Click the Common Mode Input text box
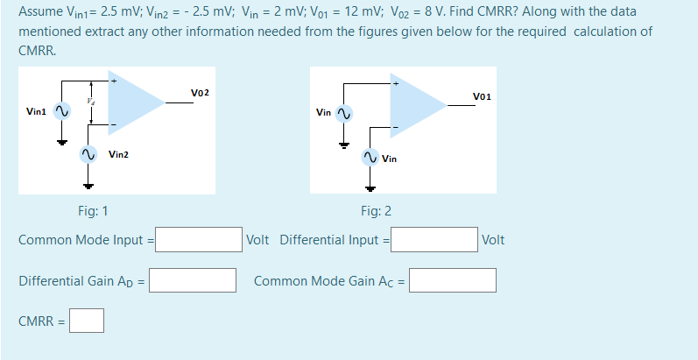pyautogui.click(x=199, y=239)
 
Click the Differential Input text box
pyautogui.click(x=434, y=239)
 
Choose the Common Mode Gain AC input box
pyautogui.click(x=452, y=280)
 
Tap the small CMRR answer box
pyautogui.click(x=87, y=321)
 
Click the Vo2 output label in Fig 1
pyautogui.click(x=200, y=92)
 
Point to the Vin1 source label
pyautogui.click(x=37, y=111)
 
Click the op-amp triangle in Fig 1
pyautogui.click(x=131, y=102)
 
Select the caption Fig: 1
pyautogui.click(x=93, y=211)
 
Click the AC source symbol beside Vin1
pyautogui.click(x=61, y=111)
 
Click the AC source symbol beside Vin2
pyautogui.click(x=87, y=154)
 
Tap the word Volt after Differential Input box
pyautogui.click(x=493, y=239)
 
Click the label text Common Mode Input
pyautogui.click(x=81, y=239)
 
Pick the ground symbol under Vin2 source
pyautogui.click(x=87, y=184)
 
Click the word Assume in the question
pyautogui.click(x=38, y=12)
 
